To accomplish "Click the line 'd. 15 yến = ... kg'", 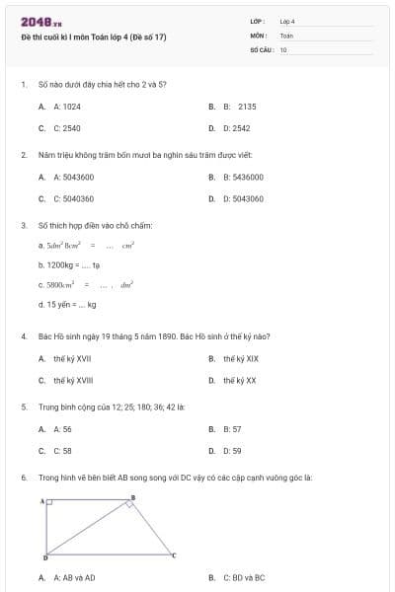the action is (x=67, y=305).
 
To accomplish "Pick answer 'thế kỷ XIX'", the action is (x=241, y=358).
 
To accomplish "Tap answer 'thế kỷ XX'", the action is (x=240, y=380).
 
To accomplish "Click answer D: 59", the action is (x=232, y=451).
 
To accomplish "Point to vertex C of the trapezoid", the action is (x=173, y=555).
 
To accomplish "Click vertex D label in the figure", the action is (x=43, y=558).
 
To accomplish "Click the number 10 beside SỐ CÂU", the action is (x=283, y=48).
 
